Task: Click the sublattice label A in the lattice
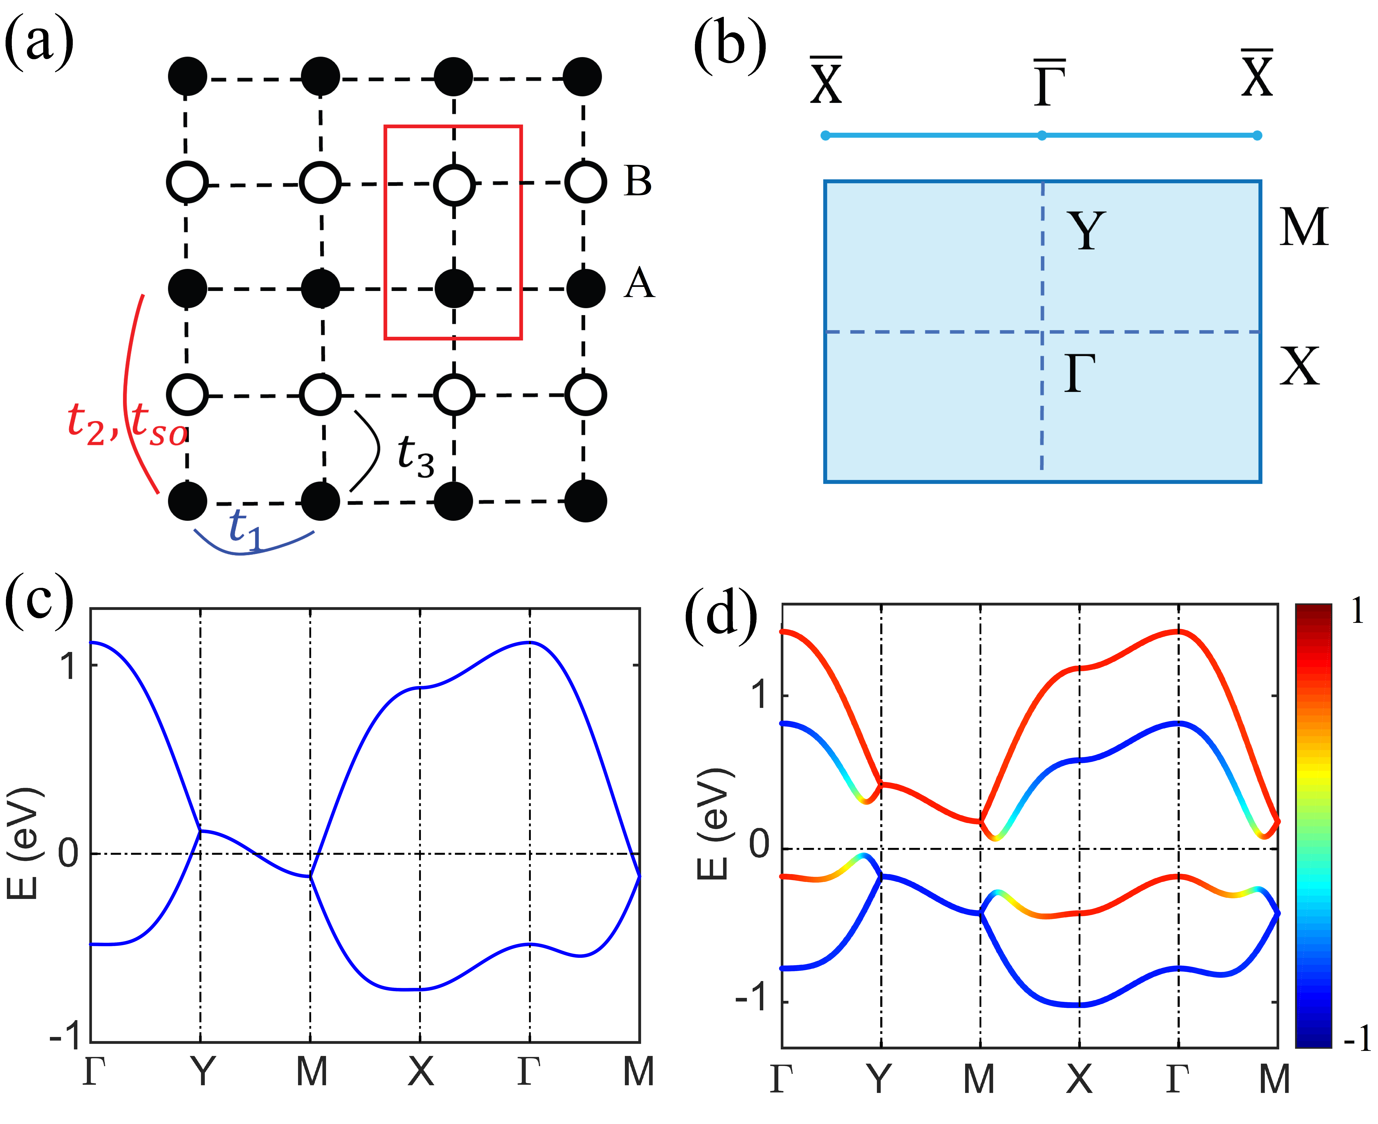point(639,284)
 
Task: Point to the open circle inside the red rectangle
point(454,184)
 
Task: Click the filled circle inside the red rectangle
point(454,289)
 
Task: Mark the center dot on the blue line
point(1042,135)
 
